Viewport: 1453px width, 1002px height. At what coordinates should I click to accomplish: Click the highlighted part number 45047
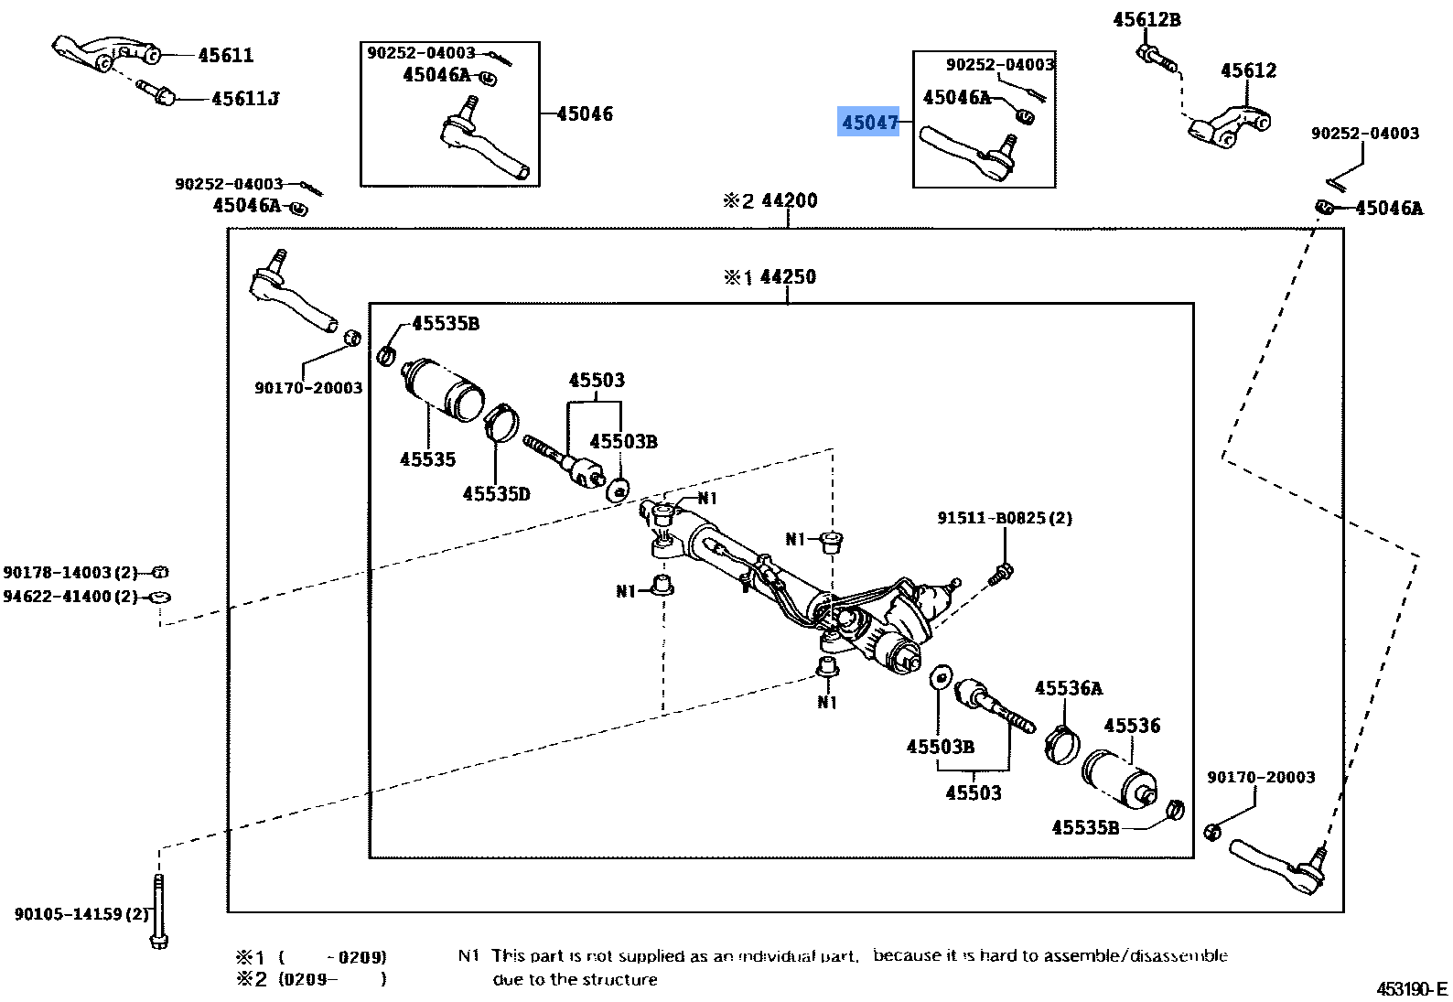point(869,122)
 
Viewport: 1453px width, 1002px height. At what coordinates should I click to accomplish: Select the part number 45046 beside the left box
point(585,114)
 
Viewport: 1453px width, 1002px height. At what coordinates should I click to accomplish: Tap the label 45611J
point(244,99)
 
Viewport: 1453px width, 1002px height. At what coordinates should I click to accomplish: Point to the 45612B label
point(1146,19)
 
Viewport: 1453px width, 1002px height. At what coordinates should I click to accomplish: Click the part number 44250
point(787,276)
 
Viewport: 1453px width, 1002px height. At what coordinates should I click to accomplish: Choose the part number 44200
point(789,200)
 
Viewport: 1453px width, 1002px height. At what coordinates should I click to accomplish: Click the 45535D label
point(496,494)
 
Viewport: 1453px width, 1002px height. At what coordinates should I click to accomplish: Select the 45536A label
point(1068,688)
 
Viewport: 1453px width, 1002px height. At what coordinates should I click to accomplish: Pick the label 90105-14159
point(81,913)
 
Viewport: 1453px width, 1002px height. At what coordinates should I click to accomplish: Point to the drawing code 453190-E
point(1411,989)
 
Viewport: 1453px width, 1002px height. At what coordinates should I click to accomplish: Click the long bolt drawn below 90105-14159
point(159,910)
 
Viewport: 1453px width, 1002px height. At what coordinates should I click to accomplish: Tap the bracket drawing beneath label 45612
point(1228,125)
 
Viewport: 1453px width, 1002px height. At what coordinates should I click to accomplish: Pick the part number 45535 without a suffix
point(427,459)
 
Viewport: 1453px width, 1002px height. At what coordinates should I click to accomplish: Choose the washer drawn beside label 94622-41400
point(159,597)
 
